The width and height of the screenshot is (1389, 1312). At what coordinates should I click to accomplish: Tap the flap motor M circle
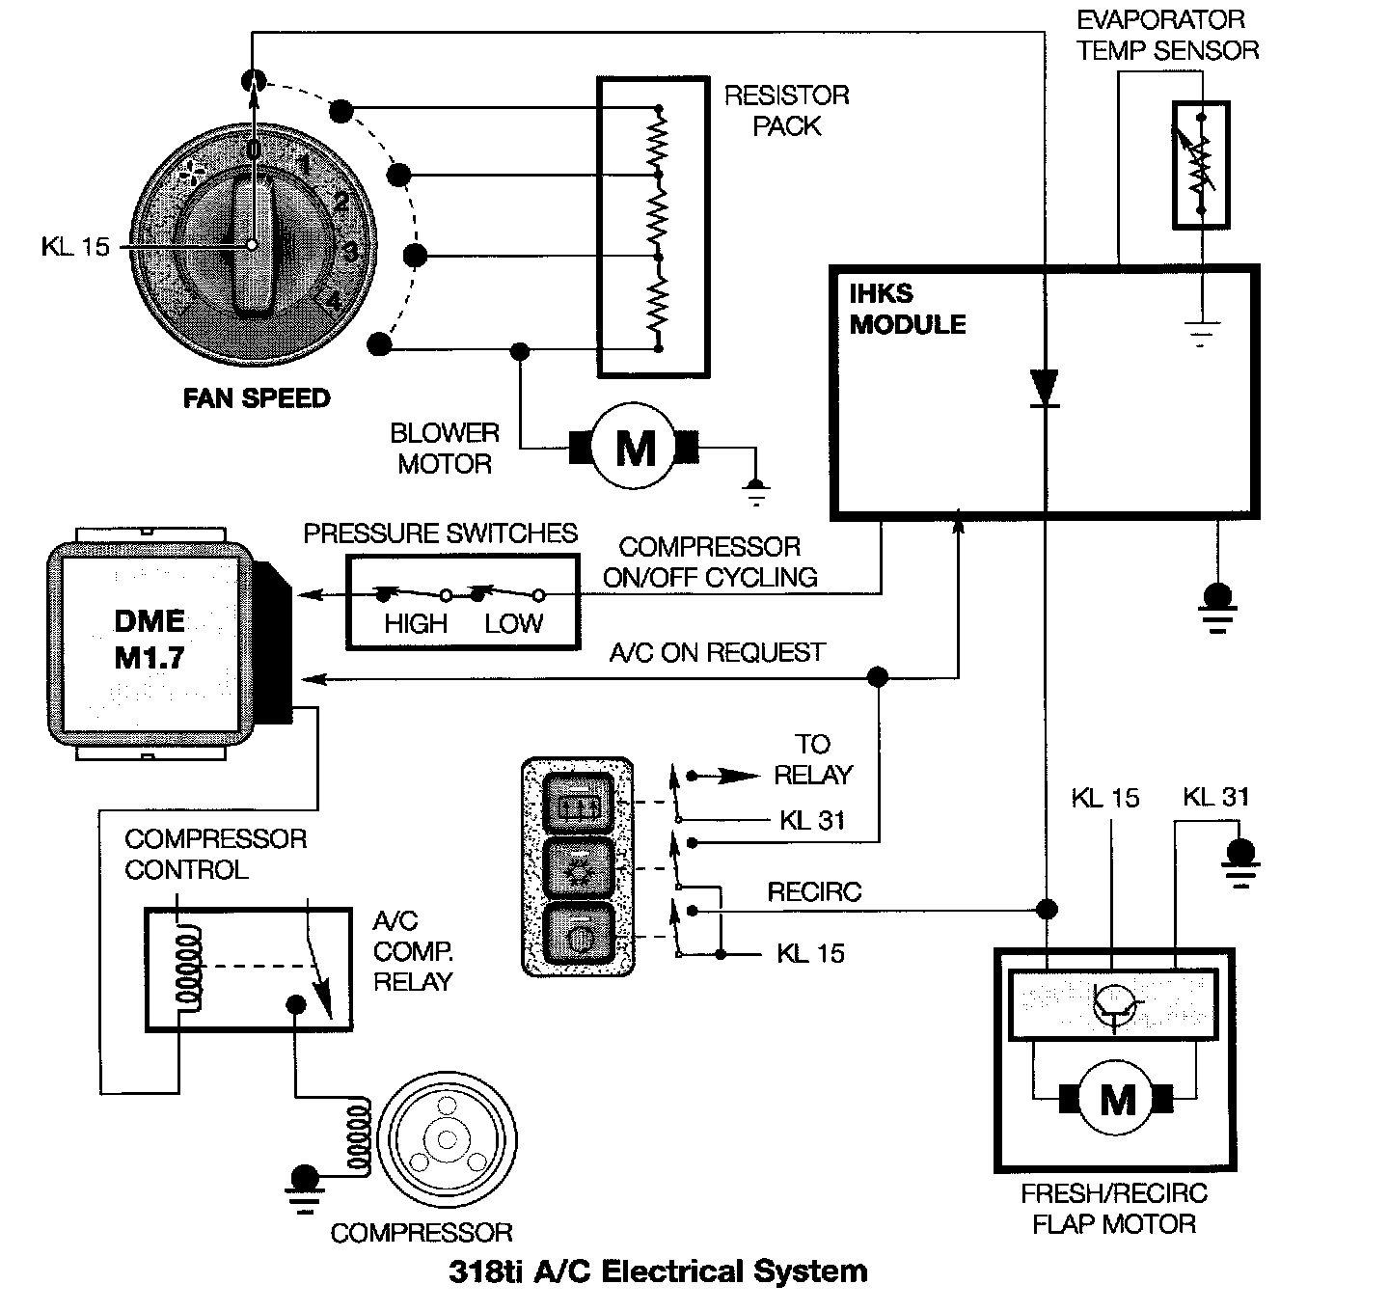[x=1117, y=1099]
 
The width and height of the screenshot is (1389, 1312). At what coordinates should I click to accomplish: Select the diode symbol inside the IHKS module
[x=1044, y=389]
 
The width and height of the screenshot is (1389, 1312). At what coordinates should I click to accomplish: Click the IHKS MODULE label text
[x=907, y=309]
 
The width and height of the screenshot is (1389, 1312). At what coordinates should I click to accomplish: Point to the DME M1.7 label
[x=149, y=640]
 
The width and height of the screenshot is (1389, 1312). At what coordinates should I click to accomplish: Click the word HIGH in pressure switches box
[x=416, y=624]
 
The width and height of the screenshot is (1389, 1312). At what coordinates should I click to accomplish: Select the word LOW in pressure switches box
[x=514, y=624]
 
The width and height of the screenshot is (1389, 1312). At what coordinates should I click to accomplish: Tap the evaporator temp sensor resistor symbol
[x=1201, y=165]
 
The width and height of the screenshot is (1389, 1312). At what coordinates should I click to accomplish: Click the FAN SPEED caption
[x=257, y=398]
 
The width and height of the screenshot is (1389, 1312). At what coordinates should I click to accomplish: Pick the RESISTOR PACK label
[x=787, y=110]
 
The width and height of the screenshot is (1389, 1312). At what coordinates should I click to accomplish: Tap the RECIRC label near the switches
[x=814, y=892]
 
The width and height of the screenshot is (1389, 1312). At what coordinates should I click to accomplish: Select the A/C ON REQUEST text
[x=717, y=653]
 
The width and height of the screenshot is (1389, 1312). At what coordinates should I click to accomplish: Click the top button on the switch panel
[x=578, y=801]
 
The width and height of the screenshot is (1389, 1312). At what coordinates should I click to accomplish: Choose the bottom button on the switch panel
[x=578, y=934]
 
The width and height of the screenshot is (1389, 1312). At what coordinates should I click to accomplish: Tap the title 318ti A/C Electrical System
[x=658, y=1271]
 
